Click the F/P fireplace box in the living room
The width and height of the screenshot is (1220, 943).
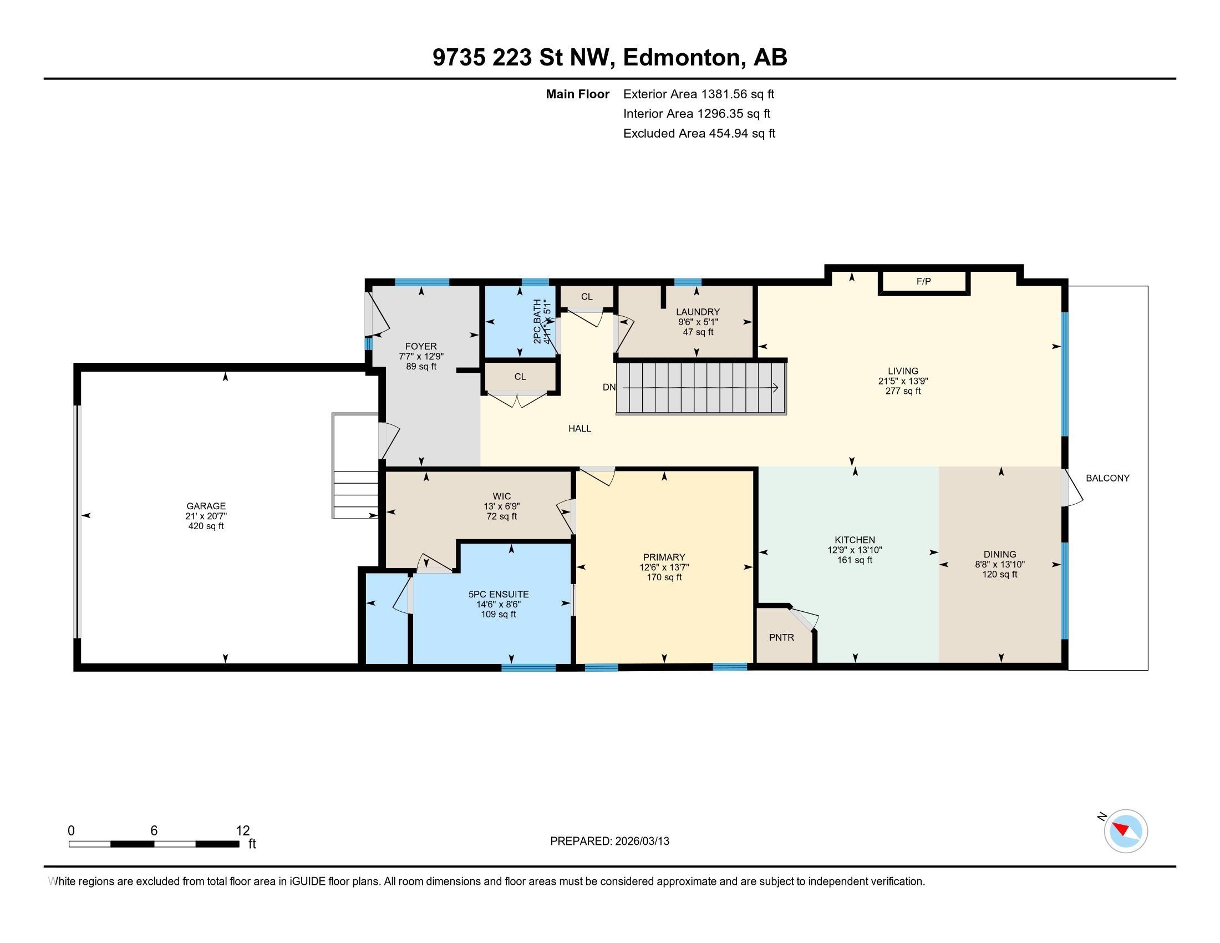(923, 282)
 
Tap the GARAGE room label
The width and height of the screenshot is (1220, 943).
(206, 506)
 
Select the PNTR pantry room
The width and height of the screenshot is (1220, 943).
(781, 637)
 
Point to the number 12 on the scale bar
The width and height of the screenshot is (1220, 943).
(242, 831)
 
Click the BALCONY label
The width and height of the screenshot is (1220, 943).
(1107, 478)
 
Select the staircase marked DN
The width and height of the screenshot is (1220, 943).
(701, 388)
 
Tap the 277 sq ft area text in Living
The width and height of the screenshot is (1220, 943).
(903, 391)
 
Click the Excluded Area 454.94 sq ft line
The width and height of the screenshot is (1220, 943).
(699, 134)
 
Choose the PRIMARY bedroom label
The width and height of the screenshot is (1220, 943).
(664, 557)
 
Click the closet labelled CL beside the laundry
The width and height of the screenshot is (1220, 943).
(587, 297)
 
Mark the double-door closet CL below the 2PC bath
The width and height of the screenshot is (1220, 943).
(520, 377)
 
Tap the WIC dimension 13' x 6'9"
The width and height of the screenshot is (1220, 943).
(502, 506)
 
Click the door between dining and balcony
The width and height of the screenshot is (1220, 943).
(1071, 488)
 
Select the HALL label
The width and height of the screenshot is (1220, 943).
(580, 428)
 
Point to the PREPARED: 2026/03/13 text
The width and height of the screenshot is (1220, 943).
(609, 841)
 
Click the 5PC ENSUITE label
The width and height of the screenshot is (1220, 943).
(499, 595)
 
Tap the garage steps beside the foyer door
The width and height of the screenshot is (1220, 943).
(356, 494)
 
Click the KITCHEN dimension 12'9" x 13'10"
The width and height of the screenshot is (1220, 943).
(855, 550)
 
